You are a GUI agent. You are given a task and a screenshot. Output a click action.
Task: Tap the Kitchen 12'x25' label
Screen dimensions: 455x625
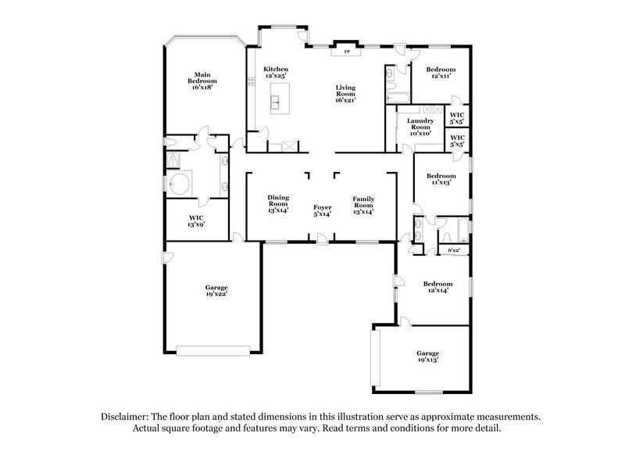[x=276, y=73]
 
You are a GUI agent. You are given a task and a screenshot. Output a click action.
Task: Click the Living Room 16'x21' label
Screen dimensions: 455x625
[x=345, y=94]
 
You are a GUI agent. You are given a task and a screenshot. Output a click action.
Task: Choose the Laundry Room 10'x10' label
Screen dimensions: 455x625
[x=421, y=126]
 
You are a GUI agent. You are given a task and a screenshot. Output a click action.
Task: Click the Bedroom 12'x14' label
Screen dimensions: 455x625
[x=437, y=287]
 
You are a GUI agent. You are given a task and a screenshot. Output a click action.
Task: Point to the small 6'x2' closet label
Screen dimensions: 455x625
[x=452, y=250]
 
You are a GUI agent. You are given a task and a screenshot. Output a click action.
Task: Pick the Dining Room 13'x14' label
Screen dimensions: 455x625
[x=278, y=203]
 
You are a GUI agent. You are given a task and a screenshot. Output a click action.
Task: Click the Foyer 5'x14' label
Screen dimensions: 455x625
[x=323, y=210]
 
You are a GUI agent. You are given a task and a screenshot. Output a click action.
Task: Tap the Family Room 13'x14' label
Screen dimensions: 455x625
[x=362, y=203]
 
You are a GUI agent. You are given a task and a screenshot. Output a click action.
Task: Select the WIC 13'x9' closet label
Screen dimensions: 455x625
[x=196, y=221]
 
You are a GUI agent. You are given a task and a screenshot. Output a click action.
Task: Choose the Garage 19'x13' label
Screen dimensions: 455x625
[x=427, y=356]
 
